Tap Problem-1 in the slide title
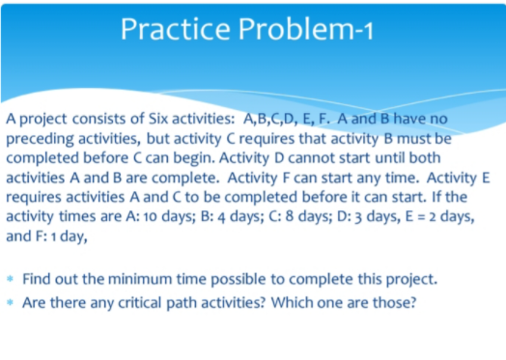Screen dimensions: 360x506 tap(310, 30)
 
